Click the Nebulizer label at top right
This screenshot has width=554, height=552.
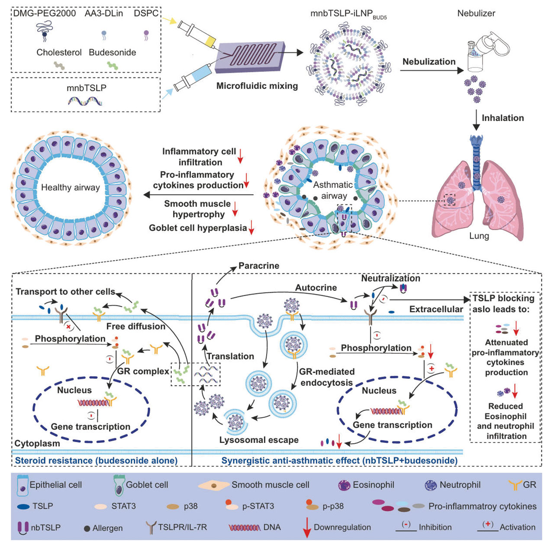(476, 13)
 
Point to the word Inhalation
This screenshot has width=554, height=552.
(502, 118)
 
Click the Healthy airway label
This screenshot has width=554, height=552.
(70, 187)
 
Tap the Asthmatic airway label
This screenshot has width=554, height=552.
(333, 190)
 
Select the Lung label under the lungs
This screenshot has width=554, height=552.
(479, 236)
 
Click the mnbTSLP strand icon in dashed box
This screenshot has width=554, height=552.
(85, 101)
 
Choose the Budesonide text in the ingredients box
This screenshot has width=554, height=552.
(112, 52)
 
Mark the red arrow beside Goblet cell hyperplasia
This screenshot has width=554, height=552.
(251, 228)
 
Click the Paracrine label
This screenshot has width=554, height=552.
(259, 266)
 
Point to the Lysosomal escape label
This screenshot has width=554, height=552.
(259, 440)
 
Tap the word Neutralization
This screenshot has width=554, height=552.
(390, 278)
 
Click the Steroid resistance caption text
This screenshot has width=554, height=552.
(96, 460)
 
